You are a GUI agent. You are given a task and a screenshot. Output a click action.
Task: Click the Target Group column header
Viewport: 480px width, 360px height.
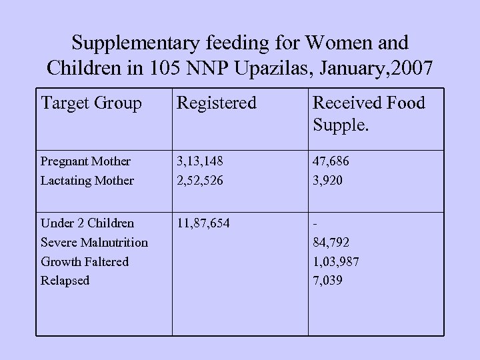(x=91, y=103)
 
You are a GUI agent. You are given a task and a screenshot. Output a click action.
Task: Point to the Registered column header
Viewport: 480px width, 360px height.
(x=216, y=103)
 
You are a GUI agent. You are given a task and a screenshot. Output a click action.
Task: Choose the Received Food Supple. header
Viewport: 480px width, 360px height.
(x=369, y=114)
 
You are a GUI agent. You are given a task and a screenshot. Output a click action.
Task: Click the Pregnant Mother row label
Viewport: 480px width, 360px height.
(x=86, y=161)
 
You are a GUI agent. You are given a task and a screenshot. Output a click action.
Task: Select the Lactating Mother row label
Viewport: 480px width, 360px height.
(x=87, y=180)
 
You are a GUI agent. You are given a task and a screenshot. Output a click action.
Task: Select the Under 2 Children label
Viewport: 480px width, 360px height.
(x=87, y=223)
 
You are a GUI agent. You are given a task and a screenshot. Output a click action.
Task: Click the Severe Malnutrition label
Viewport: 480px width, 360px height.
(x=95, y=242)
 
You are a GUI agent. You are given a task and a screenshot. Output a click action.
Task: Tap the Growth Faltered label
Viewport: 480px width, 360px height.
(x=85, y=261)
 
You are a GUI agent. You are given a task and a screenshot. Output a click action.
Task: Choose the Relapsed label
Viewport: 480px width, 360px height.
(x=65, y=281)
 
